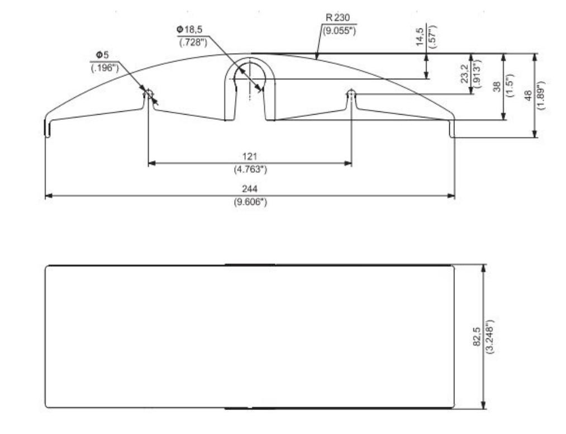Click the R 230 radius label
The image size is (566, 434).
coord(338,18)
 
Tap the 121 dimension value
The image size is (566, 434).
coord(250,155)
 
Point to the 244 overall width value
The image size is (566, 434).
coord(250,189)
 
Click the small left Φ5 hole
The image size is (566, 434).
coord(148,93)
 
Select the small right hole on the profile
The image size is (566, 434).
coord(351,92)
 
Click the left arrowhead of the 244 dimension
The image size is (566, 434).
coord(48,196)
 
